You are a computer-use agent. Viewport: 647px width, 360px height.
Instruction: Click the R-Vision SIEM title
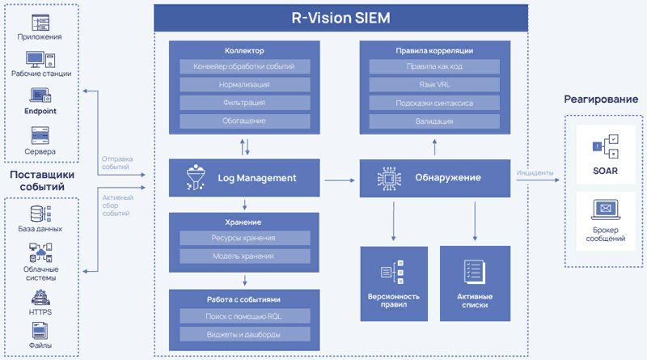click(x=340, y=17)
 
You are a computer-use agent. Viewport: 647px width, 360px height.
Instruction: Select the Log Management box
click(x=245, y=178)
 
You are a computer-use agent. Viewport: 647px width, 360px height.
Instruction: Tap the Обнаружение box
click(x=435, y=178)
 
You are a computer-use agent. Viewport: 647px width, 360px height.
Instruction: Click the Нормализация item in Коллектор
click(x=245, y=84)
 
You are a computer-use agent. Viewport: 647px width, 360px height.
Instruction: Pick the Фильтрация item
click(x=245, y=103)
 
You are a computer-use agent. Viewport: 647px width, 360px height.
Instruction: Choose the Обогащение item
click(x=245, y=121)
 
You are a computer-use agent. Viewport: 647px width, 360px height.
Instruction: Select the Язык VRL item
click(x=435, y=84)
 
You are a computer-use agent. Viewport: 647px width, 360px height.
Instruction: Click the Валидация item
click(x=435, y=121)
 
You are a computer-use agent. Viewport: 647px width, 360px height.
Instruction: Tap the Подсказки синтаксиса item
click(x=435, y=103)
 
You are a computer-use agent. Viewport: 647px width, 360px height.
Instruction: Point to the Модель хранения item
click(x=245, y=256)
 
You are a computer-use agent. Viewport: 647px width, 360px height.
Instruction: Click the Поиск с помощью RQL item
click(x=245, y=316)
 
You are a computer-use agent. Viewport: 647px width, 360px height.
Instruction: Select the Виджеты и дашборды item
click(x=245, y=334)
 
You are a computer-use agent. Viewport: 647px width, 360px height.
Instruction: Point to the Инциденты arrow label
click(x=534, y=172)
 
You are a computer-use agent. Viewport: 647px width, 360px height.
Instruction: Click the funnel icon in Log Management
click(x=196, y=178)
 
